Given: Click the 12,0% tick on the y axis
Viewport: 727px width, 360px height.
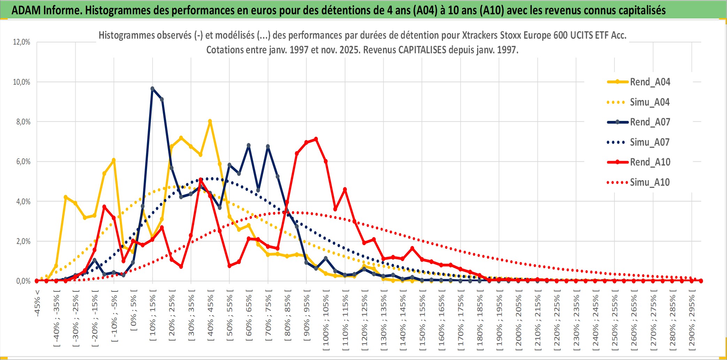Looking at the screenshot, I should point(22,42).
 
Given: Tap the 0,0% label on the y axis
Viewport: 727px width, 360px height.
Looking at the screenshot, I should point(23,281).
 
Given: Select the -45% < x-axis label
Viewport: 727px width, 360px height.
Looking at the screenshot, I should point(37,303).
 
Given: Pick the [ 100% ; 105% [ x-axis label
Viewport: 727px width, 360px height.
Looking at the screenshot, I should point(326,322).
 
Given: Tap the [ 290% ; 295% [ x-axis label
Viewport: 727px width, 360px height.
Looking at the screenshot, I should point(692,322).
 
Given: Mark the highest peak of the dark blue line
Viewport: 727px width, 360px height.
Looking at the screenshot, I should point(152,89).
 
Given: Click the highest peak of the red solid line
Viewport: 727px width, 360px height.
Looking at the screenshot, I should point(316,139).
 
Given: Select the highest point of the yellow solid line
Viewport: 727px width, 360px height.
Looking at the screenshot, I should point(210,121).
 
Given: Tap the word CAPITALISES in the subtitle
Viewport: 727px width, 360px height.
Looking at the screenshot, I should point(422,50).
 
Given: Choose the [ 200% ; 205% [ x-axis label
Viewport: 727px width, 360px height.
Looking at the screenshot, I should point(519,322).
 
